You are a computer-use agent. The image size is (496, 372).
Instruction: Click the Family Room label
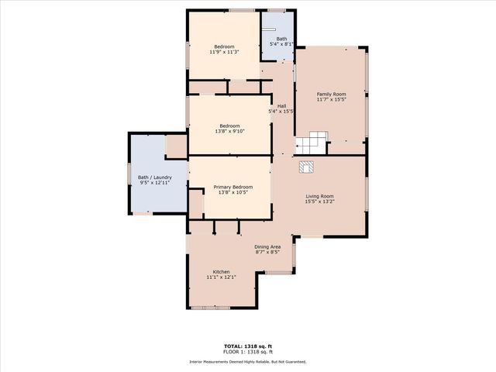[x=330, y=94]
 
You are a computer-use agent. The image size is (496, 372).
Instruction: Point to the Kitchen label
[x=222, y=271]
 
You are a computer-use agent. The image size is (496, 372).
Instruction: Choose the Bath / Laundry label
[x=155, y=177]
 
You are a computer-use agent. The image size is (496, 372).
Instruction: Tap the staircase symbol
[x=311, y=143]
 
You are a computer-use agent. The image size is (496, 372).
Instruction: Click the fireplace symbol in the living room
[x=306, y=166]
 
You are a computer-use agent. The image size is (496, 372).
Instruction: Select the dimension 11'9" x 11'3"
[x=224, y=53]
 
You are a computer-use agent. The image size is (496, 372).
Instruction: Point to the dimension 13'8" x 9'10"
[x=229, y=131]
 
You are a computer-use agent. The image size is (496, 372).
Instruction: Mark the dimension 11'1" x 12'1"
[x=222, y=277]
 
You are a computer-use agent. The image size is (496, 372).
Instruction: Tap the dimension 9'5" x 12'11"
[x=155, y=183]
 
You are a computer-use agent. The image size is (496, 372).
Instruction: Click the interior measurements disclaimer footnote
[x=248, y=362]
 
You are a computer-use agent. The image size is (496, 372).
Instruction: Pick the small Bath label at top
[x=281, y=39]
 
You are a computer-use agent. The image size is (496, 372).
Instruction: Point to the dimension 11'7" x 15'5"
[x=330, y=99]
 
